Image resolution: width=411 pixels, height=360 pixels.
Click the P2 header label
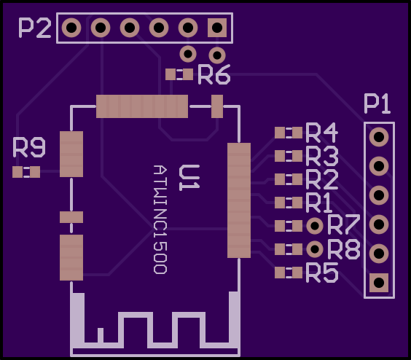(x=35, y=28)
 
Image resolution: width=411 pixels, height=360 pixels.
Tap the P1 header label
(x=377, y=104)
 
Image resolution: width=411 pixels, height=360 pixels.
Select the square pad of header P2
(x=217, y=28)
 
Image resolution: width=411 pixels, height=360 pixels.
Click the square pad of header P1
(x=379, y=283)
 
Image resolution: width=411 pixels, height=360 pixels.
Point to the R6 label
(x=214, y=75)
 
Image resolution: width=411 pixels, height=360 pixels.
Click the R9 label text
(x=29, y=147)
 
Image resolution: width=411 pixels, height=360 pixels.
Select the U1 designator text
(x=189, y=178)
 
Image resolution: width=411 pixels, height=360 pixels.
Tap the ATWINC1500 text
(x=160, y=220)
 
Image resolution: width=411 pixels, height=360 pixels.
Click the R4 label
(x=321, y=133)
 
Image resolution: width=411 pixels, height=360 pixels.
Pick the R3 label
(x=321, y=156)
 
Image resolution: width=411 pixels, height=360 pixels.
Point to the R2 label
(x=321, y=179)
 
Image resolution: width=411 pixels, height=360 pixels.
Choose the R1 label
(x=319, y=203)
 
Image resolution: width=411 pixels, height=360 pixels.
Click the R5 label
(x=321, y=273)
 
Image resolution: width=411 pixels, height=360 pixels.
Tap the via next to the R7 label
(x=315, y=226)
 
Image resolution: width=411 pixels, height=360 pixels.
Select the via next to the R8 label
(x=315, y=249)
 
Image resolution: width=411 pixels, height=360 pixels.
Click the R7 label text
(x=344, y=224)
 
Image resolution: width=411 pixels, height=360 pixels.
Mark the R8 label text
(x=344, y=249)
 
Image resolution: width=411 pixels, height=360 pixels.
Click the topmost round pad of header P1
(x=379, y=137)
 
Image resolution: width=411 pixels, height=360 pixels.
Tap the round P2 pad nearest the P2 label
(x=71, y=28)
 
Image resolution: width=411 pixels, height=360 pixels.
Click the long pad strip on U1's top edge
(x=142, y=106)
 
